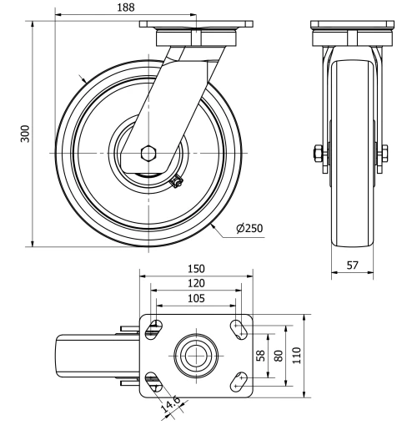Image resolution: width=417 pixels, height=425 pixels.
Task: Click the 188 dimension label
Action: pyautogui.click(x=127, y=8)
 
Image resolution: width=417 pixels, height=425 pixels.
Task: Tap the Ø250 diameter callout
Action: pyautogui.click(x=250, y=229)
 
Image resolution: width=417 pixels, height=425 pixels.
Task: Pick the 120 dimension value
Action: pyautogui.click(x=194, y=284)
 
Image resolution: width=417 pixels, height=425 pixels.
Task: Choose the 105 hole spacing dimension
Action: pyautogui.click(x=194, y=299)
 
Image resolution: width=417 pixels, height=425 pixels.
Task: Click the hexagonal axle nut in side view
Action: pyautogui.click(x=148, y=154)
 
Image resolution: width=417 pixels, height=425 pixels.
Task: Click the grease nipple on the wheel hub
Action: pyautogui.click(x=176, y=182)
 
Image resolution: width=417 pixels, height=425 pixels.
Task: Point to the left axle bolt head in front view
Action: pyautogui.click(x=318, y=154)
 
